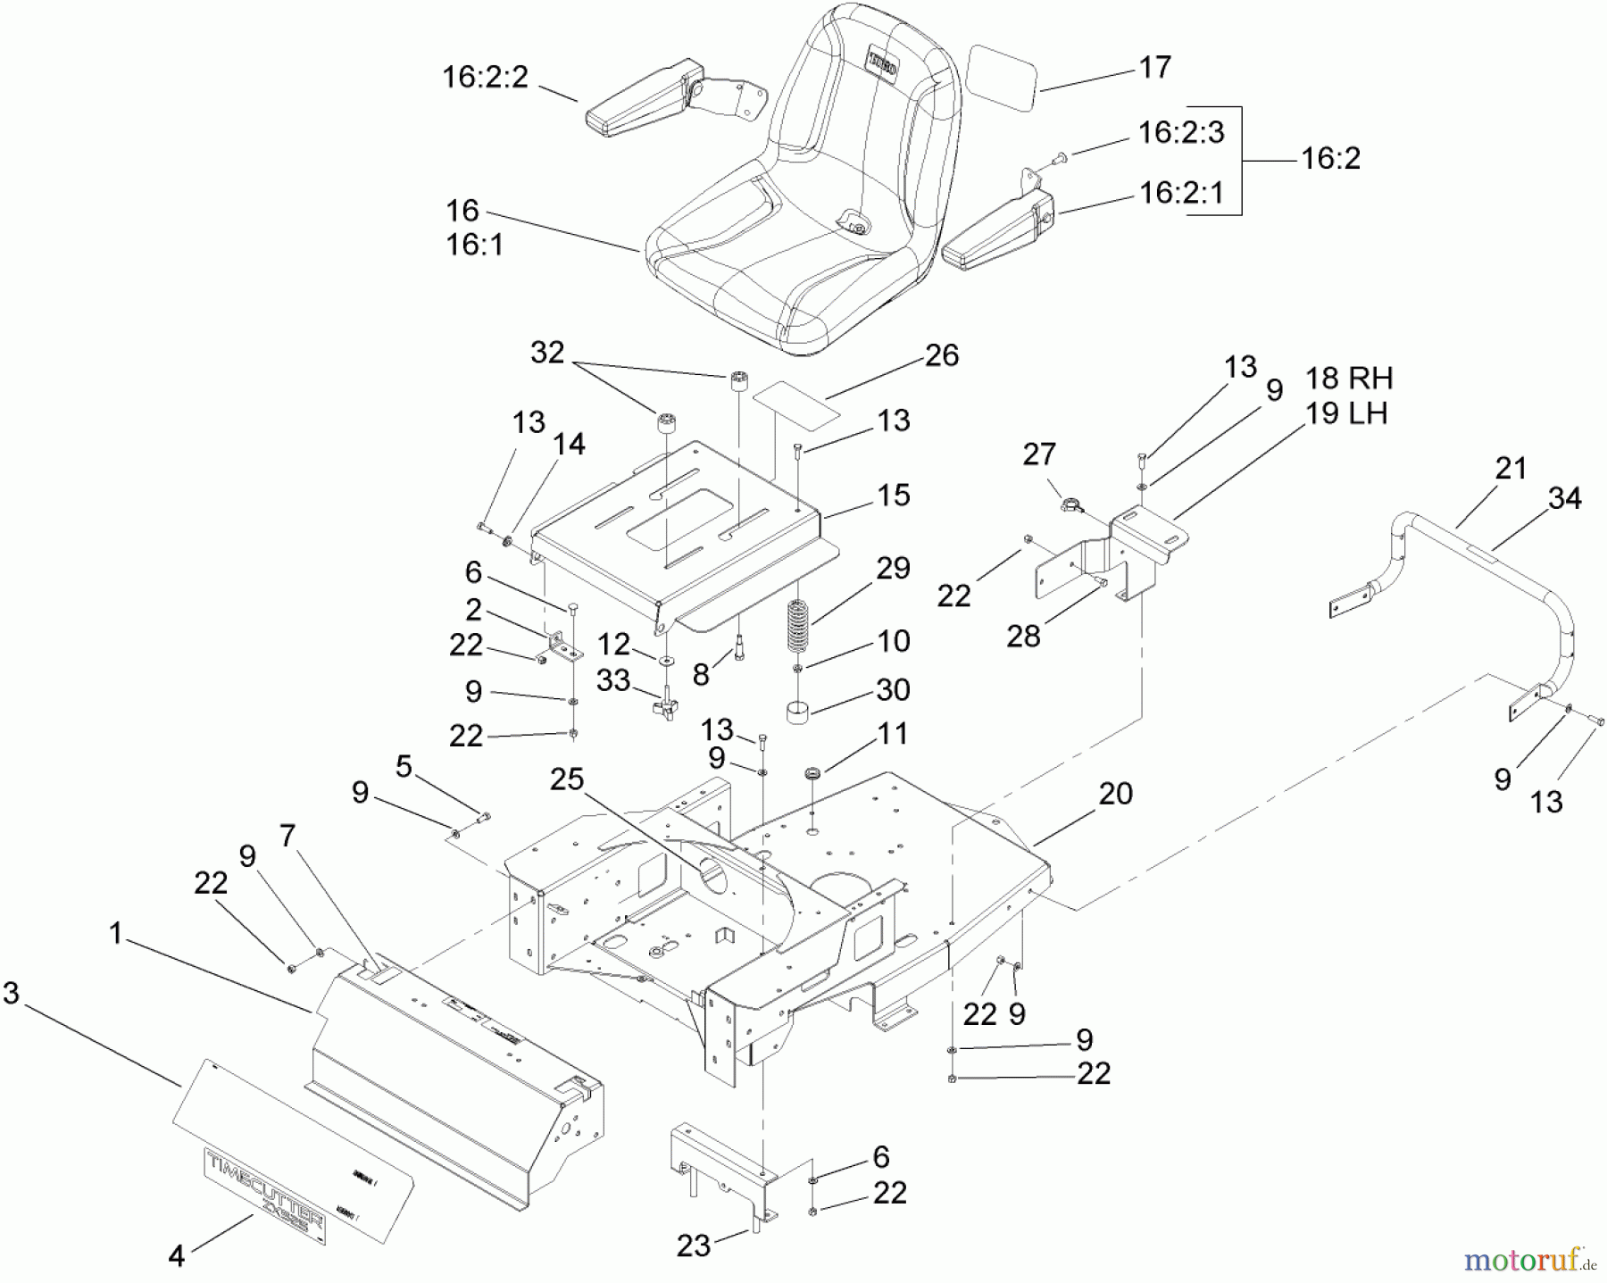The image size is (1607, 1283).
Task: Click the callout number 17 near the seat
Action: pyautogui.click(x=1155, y=68)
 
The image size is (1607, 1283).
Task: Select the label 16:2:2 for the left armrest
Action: pyautogui.click(x=486, y=77)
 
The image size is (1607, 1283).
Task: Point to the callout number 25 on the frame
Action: pyautogui.click(x=567, y=779)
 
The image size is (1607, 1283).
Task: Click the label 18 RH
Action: pyautogui.click(x=1348, y=378)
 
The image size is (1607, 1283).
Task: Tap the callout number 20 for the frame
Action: pyautogui.click(x=1116, y=793)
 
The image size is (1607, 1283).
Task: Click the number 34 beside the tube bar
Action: pyautogui.click(x=1564, y=498)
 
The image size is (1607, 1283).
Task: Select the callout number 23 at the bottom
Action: pyautogui.click(x=693, y=1246)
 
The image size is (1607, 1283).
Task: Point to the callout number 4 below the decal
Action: pyautogui.click(x=177, y=1256)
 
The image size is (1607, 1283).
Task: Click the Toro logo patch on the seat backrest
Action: pyautogui.click(x=885, y=65)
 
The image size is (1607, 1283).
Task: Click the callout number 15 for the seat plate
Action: pyautogui.click(x=894, y=496)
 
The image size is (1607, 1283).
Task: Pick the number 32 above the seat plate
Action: pyautogui.click(x=547, y=353)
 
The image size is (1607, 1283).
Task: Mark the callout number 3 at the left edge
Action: pyautogui.click(x=11, y=993)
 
